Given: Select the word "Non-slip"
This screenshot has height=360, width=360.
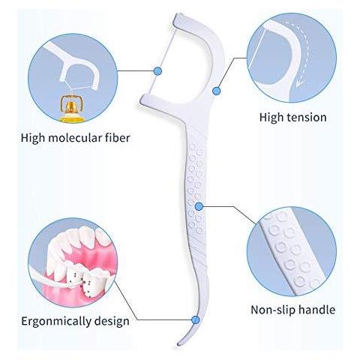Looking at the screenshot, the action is [273, 310].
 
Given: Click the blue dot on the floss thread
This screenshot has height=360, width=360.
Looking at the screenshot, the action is [157, 71].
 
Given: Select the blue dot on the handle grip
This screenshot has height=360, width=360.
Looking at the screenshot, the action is [199, 206].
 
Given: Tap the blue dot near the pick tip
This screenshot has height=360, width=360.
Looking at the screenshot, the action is [196, 319].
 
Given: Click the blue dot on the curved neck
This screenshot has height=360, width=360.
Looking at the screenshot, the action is [217, 91].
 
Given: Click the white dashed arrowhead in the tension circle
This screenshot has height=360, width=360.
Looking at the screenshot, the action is [300, 83].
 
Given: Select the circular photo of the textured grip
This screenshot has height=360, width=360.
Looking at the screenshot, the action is [292, 251].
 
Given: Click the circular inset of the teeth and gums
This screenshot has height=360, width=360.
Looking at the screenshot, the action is [73, 262].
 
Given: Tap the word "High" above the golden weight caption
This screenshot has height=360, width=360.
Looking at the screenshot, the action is [32, 138].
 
